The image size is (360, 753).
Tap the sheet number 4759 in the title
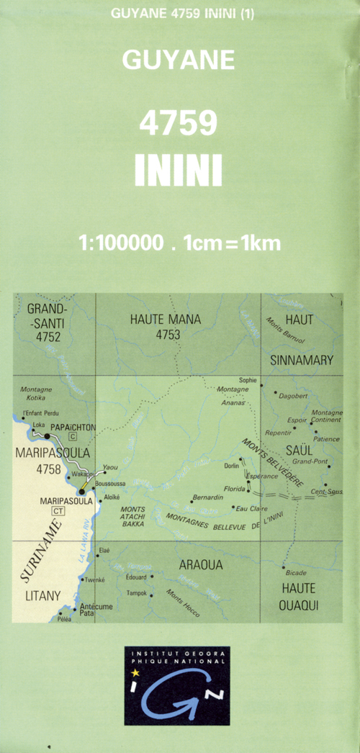[x=178, y=124]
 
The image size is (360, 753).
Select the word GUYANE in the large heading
[x=179, y=60]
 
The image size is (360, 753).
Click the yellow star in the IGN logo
[x=135, y=672]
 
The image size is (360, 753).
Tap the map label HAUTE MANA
[x=166, y=320]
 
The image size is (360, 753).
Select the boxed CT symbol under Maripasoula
[x=58, y=511]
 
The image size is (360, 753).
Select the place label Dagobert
[x=294, y=395]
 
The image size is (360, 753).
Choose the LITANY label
[x=42, y=595]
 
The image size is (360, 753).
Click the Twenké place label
[x=95, y=580]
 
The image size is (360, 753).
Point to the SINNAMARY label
[x=302, y=360]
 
